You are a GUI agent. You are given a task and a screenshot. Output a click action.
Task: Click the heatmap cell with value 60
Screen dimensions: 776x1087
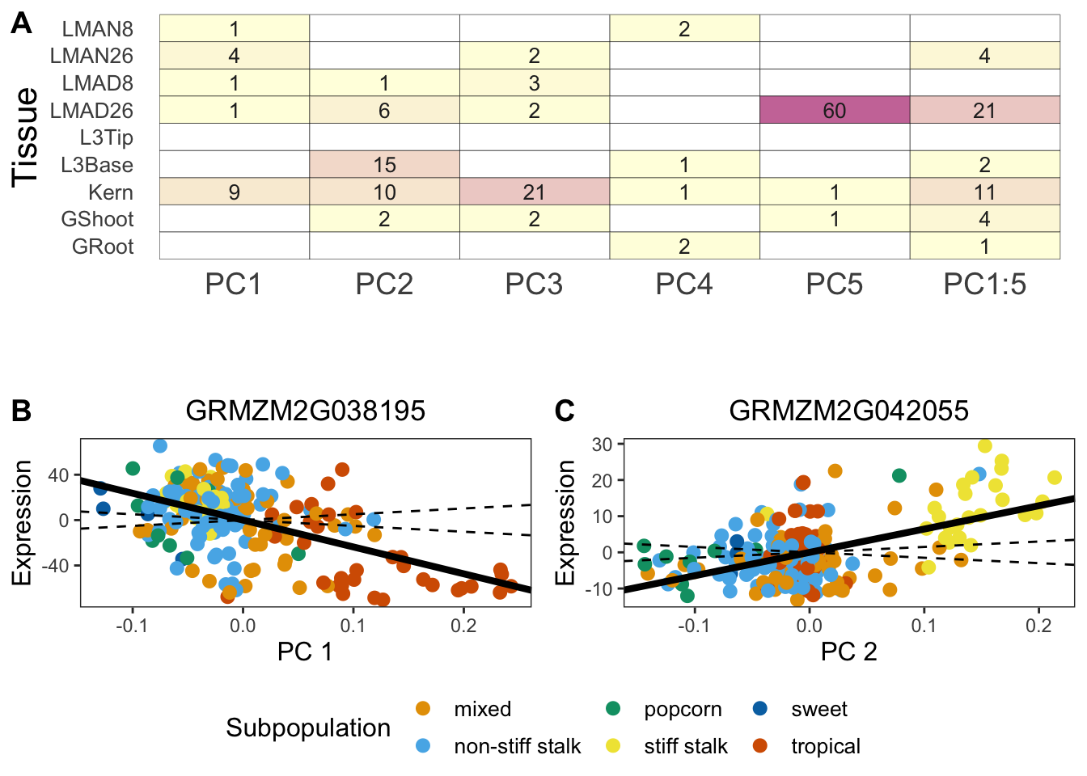(x=835, y=110)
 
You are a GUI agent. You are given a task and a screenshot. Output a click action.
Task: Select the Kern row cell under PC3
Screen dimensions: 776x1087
(x=534, y=192)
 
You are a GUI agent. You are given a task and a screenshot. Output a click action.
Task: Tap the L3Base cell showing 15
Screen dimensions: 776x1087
(x=384, y=165)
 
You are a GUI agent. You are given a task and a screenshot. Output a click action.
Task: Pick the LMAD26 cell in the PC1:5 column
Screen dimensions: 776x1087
(x=984, y=110)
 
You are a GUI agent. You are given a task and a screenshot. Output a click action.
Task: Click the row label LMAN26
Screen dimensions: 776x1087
(x=91, y=56)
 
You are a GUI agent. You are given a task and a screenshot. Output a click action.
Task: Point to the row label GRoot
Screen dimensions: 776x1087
(x=103, y=247)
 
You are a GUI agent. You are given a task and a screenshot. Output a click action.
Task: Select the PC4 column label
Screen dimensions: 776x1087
(x=684, y=285)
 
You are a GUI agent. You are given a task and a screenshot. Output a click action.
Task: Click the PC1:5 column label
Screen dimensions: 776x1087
(x=984, y=285)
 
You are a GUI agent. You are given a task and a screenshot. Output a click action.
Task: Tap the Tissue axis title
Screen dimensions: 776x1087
(x=26, y=137)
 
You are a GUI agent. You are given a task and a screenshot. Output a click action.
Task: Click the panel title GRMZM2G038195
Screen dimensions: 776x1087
(x=305, y=411)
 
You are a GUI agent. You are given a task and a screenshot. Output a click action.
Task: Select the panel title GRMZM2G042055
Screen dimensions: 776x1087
(x=848, y=411)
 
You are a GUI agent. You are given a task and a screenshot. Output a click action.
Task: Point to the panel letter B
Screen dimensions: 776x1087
(x=21, y=411)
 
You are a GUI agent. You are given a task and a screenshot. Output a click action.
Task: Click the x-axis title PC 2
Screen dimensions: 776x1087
(x=848, y=652)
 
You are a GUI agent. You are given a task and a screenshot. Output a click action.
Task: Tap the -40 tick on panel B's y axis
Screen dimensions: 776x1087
(x=58, y=566)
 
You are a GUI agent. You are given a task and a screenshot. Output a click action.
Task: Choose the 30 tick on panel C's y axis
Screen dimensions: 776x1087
(x=603, y=444)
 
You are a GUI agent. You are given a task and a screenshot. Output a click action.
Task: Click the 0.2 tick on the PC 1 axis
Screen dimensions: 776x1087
(x=463, y=625)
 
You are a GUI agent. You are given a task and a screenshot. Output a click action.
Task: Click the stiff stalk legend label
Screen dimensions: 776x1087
(x=686, y=746)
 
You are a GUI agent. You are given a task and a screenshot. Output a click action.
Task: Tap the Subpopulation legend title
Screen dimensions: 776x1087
(x=308, y=727)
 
